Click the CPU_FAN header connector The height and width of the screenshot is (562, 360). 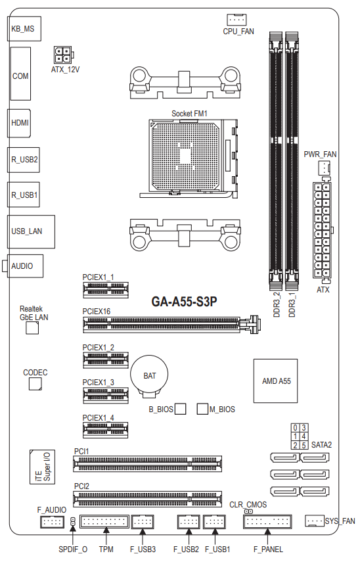[236, 19]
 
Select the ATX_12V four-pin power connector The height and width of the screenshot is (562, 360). [64, 55]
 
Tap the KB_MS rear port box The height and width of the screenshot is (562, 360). [24, 29]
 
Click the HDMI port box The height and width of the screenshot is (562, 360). [19, 123]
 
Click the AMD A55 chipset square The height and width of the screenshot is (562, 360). [275, 381]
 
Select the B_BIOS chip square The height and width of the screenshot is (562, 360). [181, 409]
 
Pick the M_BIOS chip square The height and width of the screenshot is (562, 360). [202, 409]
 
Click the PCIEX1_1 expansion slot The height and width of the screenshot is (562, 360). [106, 290]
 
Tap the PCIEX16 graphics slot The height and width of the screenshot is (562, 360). [172, 324]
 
